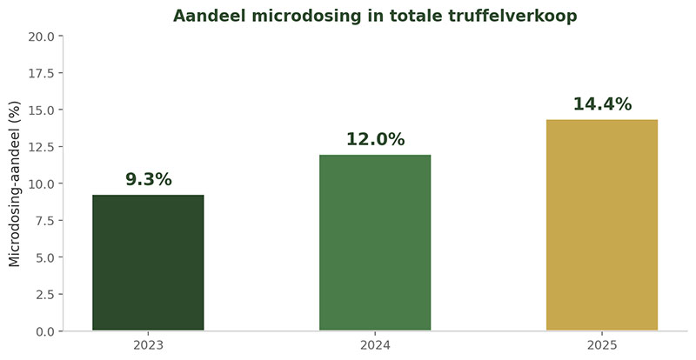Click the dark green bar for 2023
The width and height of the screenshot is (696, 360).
(x=148, y=263)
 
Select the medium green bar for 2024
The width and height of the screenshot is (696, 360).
(x=375, y=243)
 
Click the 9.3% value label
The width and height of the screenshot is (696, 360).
(x=148, y=180)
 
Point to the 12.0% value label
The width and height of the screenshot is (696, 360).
(x=375, y=140)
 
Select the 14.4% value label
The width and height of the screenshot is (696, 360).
(x=601, y=104)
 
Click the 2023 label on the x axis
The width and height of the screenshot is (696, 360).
(x=148, y=345)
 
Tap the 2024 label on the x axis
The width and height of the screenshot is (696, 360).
(x=375, y=345)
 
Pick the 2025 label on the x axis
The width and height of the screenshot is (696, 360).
(x=601, y=345)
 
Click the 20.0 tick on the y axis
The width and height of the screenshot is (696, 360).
(x=41, y=37)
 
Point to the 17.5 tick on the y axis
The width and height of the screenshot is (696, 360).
(x=41, y=73)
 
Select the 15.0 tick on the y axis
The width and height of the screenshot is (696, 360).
(x=41, y=110)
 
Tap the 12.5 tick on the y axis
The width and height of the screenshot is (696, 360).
(x=41, y=147)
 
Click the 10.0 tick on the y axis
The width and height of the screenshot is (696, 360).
(x=41, y=183)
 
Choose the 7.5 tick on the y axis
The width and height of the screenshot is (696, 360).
(x=43, y=221)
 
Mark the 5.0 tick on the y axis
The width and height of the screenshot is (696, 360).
(x=43, y=257)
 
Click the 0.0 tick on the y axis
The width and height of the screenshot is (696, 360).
(x=43, y=331)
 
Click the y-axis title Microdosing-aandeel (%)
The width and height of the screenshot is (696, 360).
(x=15, y=183)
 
